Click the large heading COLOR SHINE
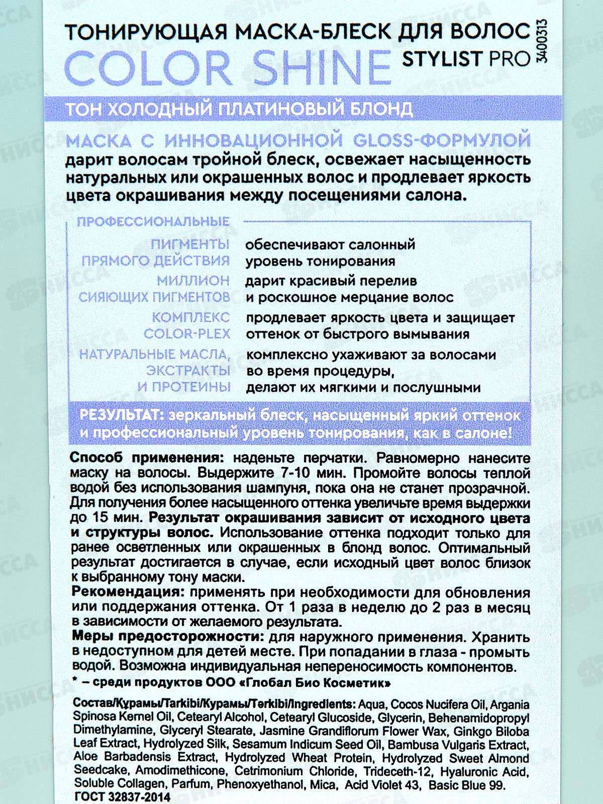(229, 65)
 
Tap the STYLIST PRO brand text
(466, 59)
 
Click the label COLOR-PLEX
(187, 334)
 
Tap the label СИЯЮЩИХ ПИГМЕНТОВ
(154, 297)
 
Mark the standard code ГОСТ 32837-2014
(122, 797)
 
